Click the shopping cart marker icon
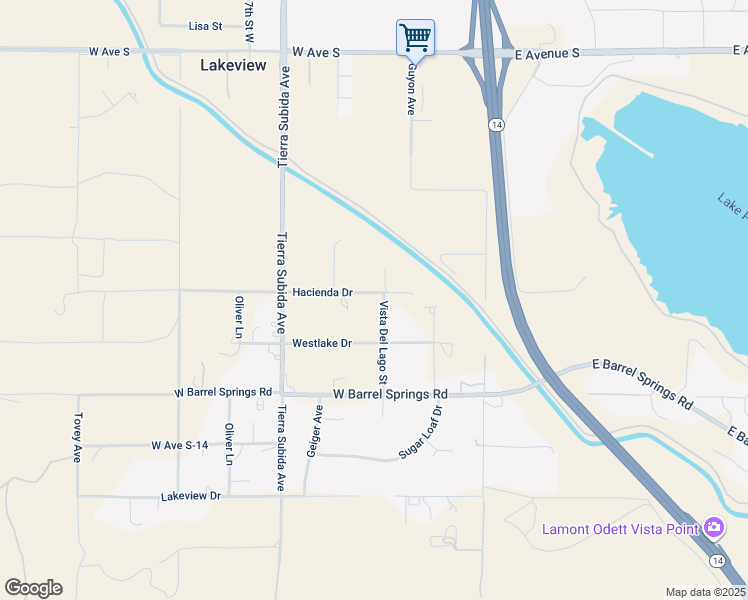tap(415, 38)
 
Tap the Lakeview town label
tap(233, 65)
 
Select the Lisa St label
tap(205, 27)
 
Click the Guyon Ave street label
tap(410, 89)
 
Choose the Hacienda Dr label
tap(322, 292)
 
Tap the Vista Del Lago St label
tap(382, 342)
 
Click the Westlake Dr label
tap(321, 343)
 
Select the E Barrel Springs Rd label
tap(642, 384)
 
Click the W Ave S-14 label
tap(180, 444)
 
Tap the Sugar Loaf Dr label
tap(421, 432)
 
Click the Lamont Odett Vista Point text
tap(620, 529)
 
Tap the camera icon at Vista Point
tap(713, 527)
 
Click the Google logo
tap(33, 588)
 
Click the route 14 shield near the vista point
tap(718, 561)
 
